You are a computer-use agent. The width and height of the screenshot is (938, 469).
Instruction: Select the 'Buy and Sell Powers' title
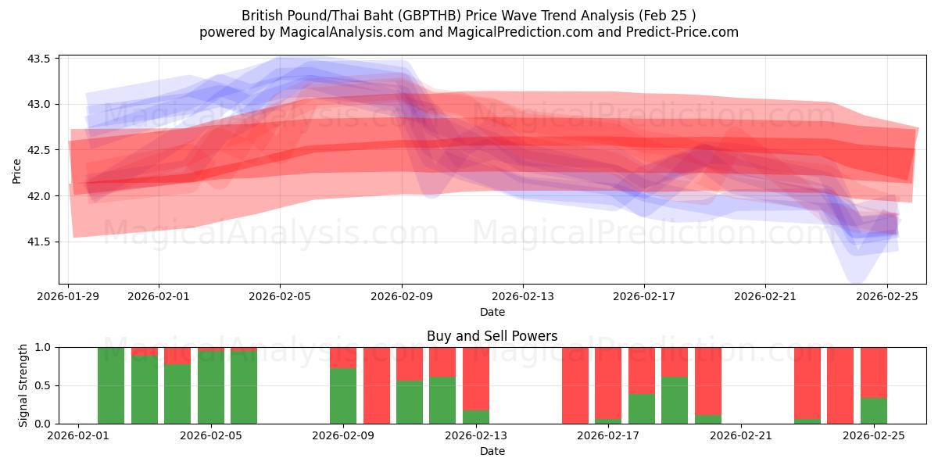pos(492,337)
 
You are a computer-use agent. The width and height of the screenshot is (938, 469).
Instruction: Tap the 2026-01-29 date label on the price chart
pos(69,297)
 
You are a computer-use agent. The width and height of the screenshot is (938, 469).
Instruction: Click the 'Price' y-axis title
pos(17,170)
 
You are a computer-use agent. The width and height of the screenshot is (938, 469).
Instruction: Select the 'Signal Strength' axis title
pos(23,385)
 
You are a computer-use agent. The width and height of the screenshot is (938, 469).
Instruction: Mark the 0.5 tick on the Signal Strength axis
pos(43,385)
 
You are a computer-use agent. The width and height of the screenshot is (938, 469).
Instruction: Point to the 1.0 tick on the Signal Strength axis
pos(43,347)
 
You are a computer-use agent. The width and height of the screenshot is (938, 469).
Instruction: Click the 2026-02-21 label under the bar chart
pos(740,436)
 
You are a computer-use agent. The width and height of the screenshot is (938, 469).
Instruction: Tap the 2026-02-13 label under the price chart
pos(523,297)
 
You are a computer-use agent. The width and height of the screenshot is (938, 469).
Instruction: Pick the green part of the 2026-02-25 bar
pos(873,410)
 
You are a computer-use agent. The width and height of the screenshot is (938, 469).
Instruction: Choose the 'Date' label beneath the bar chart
pos(492,451)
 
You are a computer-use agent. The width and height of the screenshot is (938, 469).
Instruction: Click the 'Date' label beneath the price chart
pos(492,312)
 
